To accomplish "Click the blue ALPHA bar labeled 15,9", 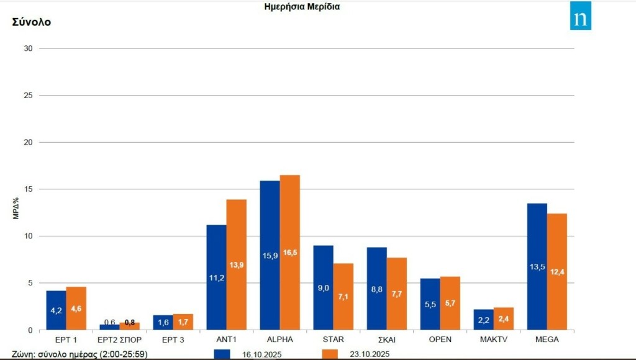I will (270, 254).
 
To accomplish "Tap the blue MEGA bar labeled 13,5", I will (537, 267).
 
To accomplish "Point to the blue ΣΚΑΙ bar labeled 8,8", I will (376, 289).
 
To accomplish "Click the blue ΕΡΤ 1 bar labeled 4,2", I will (56, 310).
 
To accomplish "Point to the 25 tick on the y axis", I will (28, 96).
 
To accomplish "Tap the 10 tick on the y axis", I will (28, 236).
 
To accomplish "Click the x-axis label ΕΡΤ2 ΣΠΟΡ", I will (120, 340).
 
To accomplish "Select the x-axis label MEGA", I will (547, 340).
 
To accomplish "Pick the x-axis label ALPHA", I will (280, 340).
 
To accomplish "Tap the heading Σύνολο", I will (31, 22).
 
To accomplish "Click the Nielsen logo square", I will (580, 16).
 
